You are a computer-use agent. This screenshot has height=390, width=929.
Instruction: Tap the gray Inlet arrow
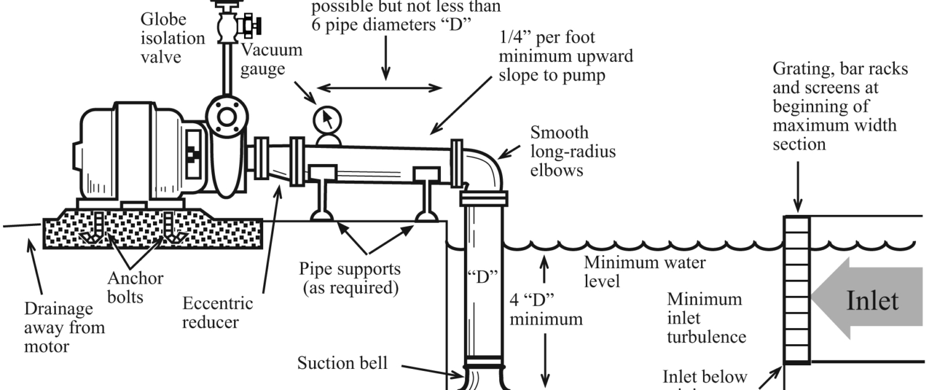pos(867,301)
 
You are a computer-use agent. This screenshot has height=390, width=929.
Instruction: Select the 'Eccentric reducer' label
pos(217,313)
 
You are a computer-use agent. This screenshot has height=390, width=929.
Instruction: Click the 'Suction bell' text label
pos(342,363)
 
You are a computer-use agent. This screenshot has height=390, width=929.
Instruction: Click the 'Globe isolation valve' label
pos(164,38)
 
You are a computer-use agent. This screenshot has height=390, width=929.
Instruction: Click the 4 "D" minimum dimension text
pos(545,310)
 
